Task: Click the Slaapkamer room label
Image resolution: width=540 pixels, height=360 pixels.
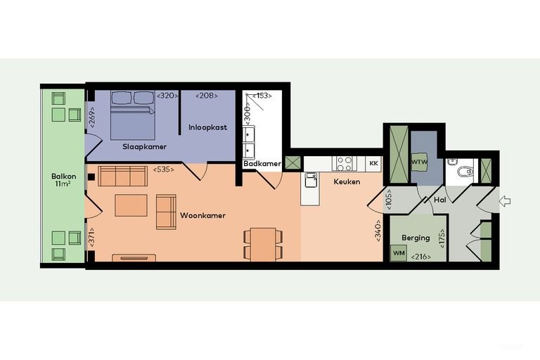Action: (145, 147)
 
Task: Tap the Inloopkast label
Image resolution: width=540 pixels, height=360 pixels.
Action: (207, 127)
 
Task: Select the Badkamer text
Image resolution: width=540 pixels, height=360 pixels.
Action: (262, 164)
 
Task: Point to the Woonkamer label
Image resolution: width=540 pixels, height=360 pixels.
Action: (202, 216)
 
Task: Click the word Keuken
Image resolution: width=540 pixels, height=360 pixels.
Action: (347, 181)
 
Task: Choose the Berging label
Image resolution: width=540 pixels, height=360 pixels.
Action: (416, 238)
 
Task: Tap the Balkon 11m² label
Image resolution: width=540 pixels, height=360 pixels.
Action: (64, 180)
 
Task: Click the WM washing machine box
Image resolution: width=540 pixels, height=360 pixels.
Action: (399, 253)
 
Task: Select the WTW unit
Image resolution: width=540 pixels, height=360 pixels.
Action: (419, 162)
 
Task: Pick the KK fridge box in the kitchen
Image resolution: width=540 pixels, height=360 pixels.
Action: (373, 163)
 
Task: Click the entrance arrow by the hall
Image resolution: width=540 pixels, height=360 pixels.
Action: (505, 201)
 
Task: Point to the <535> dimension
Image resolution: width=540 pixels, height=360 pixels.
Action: (164, 169)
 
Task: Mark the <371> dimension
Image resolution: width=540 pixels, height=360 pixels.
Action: (91, 237)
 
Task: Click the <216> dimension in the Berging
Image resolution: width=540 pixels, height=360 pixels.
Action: (421, 257)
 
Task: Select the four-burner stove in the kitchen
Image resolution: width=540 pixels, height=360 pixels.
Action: (345, 163)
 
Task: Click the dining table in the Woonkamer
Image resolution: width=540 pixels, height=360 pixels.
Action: (263, 244)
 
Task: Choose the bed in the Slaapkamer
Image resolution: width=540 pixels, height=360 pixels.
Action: (133, 115)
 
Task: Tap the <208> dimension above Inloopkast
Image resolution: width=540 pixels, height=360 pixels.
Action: (207, 96)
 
